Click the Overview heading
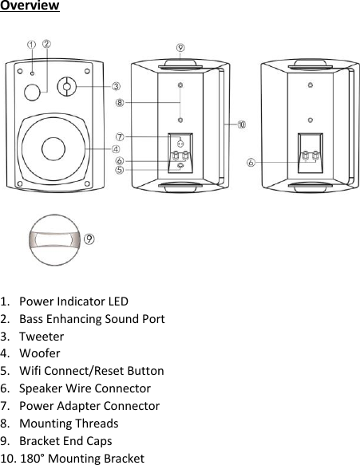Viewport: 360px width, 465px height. pos(30,7)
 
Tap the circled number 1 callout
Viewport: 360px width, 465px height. pos(31,45)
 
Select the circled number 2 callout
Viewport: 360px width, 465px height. pos(47,45)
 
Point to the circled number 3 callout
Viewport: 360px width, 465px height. pos(116,86)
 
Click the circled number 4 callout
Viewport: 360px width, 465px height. pos(116,148)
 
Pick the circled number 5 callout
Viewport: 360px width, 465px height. pos(119,169)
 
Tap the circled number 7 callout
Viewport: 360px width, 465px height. pos(119,137)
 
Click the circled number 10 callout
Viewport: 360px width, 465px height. pos(241,124)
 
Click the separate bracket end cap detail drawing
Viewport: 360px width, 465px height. pos(54,238)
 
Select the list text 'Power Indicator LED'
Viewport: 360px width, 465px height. pos(73,302)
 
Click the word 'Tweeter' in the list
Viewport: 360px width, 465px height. pos(42,337)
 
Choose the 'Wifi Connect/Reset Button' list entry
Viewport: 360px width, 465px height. pos(92,371)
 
